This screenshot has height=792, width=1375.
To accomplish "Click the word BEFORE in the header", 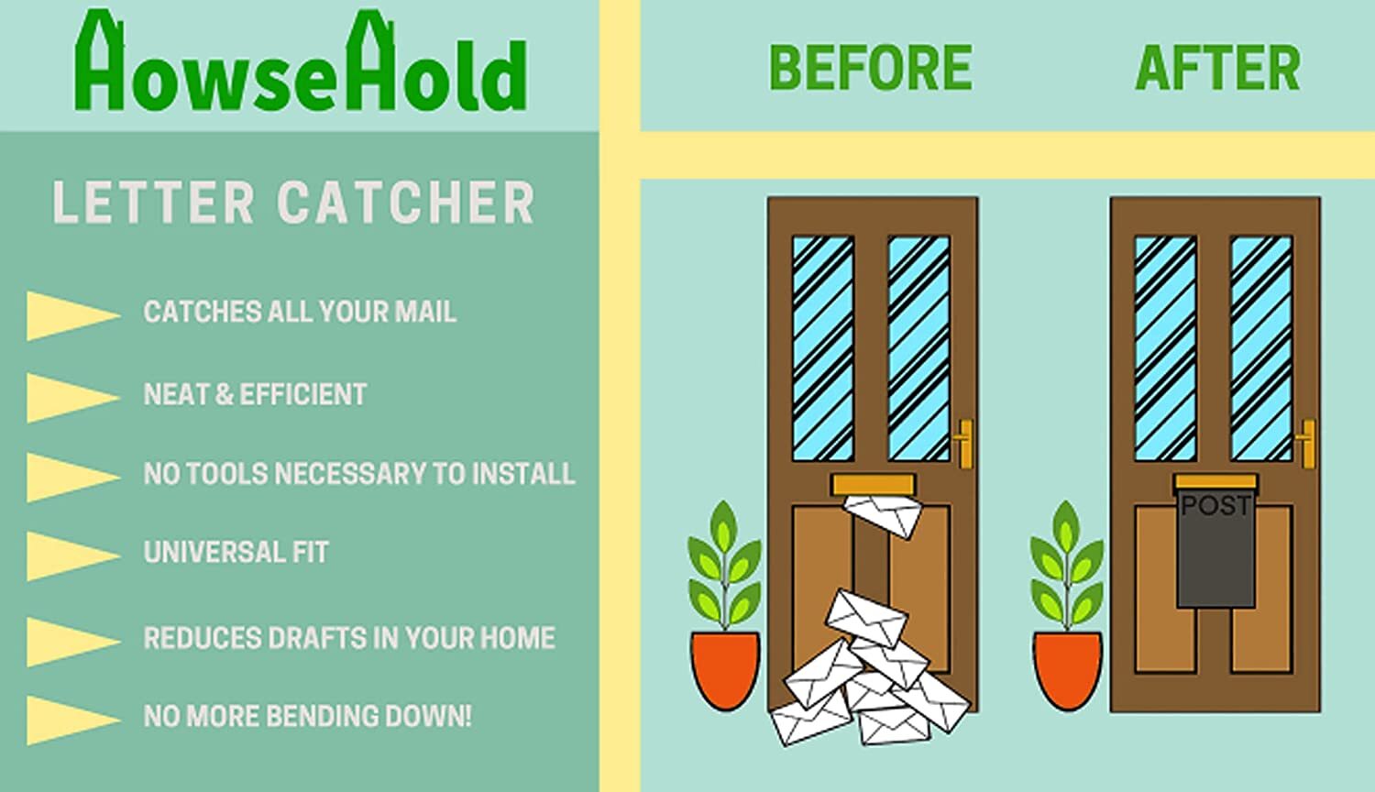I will click(870, 68).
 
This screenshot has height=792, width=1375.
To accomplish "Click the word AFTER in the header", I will click(1217, 68).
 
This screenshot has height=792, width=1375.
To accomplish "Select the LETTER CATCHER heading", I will click(293, 203).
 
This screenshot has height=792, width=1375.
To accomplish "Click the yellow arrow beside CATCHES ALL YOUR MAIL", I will click(71, 314).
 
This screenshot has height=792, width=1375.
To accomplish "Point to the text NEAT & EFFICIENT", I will click(255, 394).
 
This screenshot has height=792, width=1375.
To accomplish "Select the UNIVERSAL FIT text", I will click(236, 552).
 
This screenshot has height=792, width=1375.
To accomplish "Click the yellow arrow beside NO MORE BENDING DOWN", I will click(71, 719).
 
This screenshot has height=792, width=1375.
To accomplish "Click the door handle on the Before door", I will click(964, 442).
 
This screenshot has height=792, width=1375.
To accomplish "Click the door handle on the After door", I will click(1307, 442).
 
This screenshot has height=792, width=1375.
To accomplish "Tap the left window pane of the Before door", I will click(822, 348).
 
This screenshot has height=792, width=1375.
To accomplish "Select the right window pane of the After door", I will click(1261, 348).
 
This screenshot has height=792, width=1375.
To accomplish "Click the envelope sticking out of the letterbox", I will click(882, 515).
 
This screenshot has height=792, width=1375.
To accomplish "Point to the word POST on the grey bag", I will click(1215, 506).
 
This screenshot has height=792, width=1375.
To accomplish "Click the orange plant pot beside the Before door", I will click(725, 669).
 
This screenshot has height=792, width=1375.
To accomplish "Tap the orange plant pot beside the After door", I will click(1068, 669).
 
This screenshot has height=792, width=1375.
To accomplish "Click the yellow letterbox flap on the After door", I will click(1215, 482).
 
